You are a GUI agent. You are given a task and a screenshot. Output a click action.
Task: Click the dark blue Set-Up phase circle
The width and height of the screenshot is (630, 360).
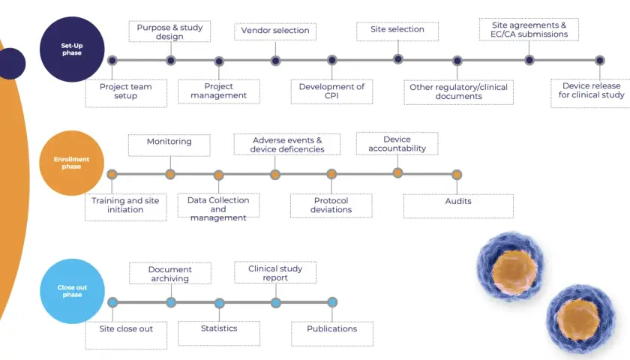(72, 49)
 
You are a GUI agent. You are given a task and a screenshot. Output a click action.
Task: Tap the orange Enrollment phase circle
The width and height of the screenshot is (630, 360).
(71, 163)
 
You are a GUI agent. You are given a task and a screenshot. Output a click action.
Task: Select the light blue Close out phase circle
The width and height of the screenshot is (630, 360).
(72, 291)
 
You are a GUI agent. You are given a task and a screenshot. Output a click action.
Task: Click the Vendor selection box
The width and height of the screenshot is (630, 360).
(275, 31)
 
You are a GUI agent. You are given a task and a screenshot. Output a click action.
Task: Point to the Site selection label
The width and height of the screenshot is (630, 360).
(397, 29)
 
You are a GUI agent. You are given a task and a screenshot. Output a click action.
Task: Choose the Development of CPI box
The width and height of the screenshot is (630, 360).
(331, 91)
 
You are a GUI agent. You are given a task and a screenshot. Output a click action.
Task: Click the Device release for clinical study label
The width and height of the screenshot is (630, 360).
(592, 91)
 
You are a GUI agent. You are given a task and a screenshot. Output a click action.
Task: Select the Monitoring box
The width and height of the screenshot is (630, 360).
(169, 145)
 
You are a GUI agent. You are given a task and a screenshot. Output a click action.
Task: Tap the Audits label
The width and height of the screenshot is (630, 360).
(458, 201)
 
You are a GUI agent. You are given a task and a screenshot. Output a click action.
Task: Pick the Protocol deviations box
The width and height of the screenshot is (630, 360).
(331, 205)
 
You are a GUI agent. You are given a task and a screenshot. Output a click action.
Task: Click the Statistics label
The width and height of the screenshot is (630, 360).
(219, 328)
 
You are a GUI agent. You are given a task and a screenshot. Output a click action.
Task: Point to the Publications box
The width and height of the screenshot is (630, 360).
(332, 334)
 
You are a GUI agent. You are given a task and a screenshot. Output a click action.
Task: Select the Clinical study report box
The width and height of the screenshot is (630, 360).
(275, 272)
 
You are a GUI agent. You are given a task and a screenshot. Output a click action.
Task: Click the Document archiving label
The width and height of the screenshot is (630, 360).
(170, 274)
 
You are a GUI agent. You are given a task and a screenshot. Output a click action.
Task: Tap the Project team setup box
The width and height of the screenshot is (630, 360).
(126, 93)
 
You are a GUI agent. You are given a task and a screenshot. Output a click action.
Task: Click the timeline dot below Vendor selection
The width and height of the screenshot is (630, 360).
(275, 61)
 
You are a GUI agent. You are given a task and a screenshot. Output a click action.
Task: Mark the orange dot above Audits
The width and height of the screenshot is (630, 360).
(457, 175)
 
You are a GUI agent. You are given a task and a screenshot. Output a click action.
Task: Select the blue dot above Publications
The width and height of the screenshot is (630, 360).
(332, 302)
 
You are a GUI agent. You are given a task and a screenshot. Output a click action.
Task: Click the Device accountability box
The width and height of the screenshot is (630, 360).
(397, 143)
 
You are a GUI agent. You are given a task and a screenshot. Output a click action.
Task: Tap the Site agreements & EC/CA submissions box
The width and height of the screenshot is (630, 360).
(529, 29)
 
